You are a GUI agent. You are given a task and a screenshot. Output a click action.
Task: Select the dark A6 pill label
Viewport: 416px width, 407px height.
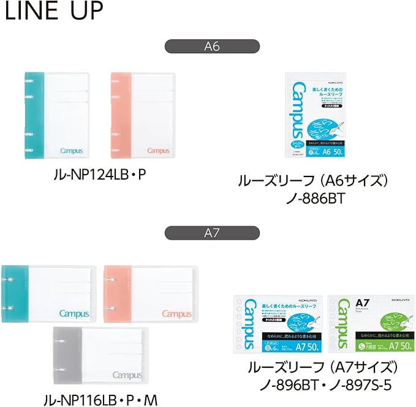pyautogui.click(x=212, y=47)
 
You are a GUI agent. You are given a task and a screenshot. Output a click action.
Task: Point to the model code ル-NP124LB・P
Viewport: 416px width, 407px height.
pyautogui.click(x=100, y=175)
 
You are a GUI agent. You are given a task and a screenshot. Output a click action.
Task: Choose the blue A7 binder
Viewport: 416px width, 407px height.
pyautogui.click(x=48, y=295)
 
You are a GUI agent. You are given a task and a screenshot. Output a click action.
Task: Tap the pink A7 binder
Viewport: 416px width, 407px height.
pyautogui.click(x=151, y=295)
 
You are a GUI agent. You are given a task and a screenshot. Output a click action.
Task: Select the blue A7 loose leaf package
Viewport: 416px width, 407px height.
pyautogui.click(x=279, y=325)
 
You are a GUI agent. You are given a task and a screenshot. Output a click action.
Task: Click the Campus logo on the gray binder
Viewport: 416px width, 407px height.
pyautogui.click(x=127, y=375)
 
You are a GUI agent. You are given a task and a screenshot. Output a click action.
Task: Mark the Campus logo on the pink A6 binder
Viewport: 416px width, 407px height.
pyautogui.click(x=158, y=150)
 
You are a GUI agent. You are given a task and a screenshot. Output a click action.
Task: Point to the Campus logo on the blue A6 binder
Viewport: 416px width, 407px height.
pyautogui.click(x=75, y=150)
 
